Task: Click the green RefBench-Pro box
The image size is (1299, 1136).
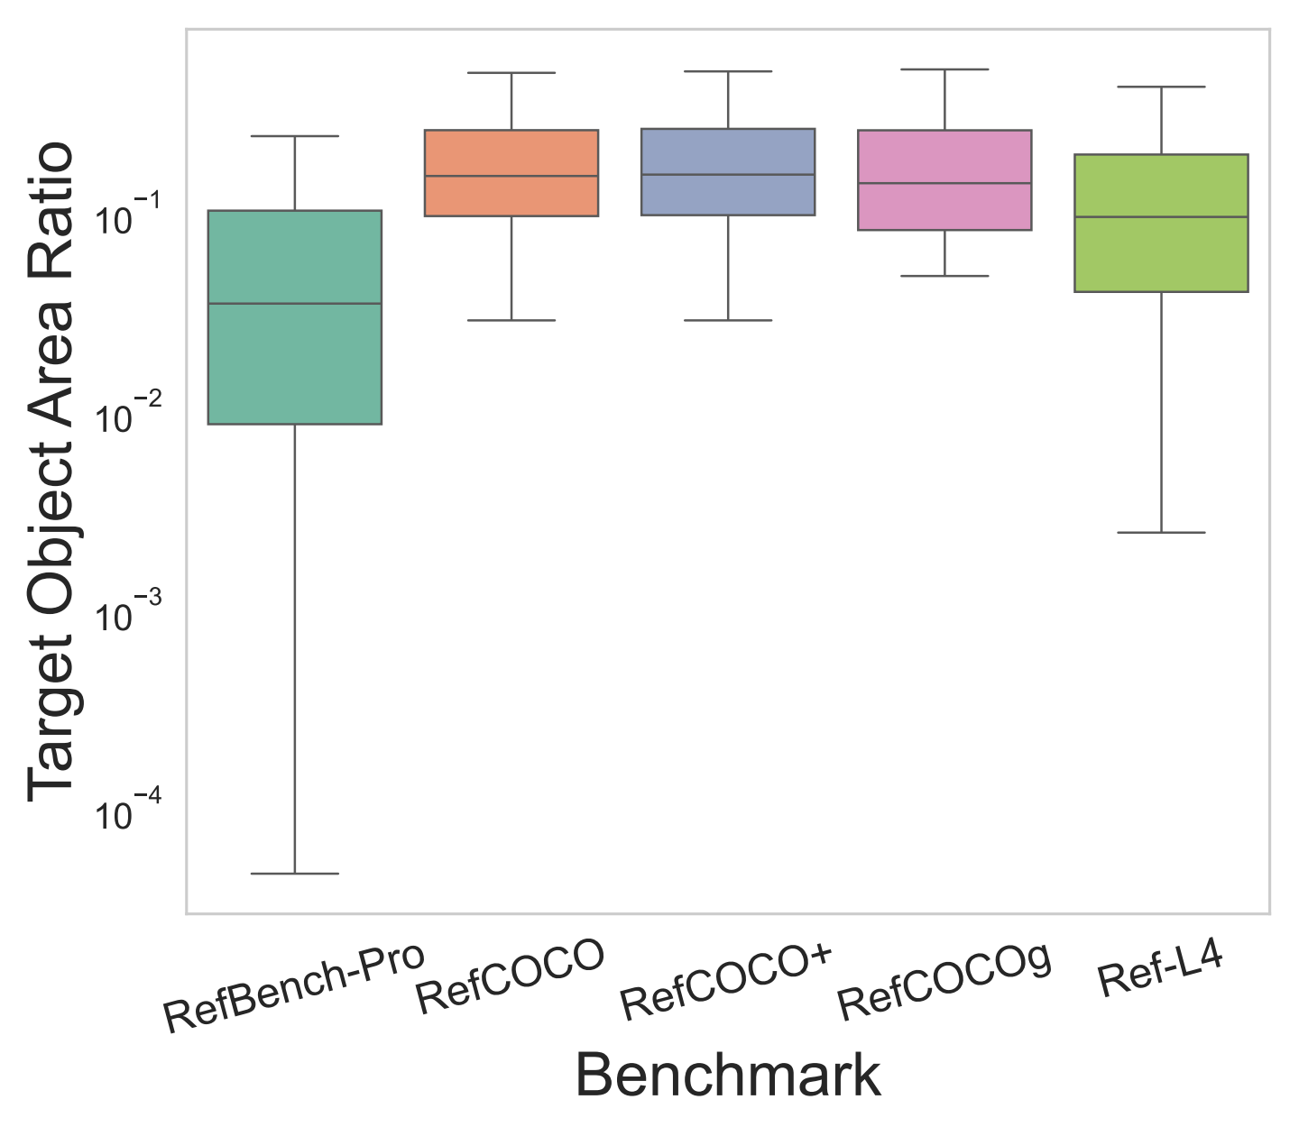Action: click(x=295, y=316)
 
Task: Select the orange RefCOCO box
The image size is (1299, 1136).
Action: click(x=511, y=172)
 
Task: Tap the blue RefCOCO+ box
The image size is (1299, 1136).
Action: click(x=728, y=172)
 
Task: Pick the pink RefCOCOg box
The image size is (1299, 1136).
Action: click(x=944, y=179)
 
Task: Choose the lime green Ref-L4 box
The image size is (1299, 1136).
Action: click(x=1161, y=223)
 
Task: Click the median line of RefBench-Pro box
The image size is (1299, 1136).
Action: click(x=295, y=303)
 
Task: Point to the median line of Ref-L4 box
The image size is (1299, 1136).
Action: click(x=1161, y=217)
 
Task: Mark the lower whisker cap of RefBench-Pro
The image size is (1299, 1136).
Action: click(x=295, y=874)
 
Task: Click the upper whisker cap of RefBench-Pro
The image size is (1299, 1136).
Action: click(x=295, y=136)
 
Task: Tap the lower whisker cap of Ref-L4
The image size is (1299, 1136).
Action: click(x=1161, y=533)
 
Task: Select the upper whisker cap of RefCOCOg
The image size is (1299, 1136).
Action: click(x=944, y=69)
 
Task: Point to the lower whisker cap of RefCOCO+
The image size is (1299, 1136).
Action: click(x=728, y=320)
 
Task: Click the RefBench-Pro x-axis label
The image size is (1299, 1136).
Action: click(x=293, y=988)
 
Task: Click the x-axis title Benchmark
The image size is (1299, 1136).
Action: click(x=728, y=1075)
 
